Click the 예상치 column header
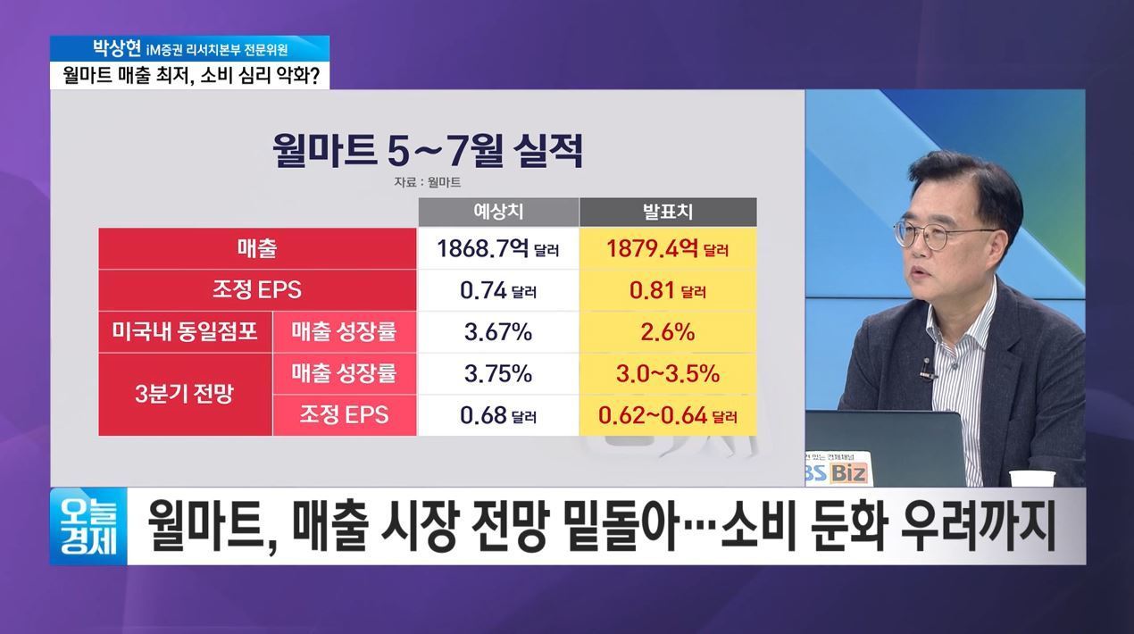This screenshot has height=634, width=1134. [x=498, y=212]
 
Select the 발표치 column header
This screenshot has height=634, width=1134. [x=668, y=212]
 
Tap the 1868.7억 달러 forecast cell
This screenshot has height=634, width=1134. [x=497, y=248]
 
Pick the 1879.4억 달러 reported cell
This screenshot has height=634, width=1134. [x=668, y=248]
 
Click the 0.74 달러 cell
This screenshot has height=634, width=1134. [x=497, y=290]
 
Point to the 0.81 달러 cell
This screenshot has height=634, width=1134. [x=668, y=290]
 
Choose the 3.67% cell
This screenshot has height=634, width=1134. [x=497, y=332]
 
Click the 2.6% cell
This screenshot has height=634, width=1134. [x=668, y=332]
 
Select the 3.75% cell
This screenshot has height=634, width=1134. [x=497, y=374]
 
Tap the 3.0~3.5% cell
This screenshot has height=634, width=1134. [x=668, y=374]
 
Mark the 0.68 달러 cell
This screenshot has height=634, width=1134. [x=497, y=415]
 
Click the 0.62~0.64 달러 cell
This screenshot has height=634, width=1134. [x=668, y=415]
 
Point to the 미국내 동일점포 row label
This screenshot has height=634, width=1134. [x=186, y=332]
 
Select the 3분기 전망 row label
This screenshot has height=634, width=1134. [x=186, y=395]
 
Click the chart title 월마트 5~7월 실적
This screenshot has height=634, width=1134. [x=428, y=150]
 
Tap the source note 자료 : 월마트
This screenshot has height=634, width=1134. [x=428, y=182]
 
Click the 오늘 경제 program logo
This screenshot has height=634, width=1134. [x=88, y=526]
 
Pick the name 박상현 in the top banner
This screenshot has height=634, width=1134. [x=117, y=48]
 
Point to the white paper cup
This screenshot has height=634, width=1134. [x=1032, y=478]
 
